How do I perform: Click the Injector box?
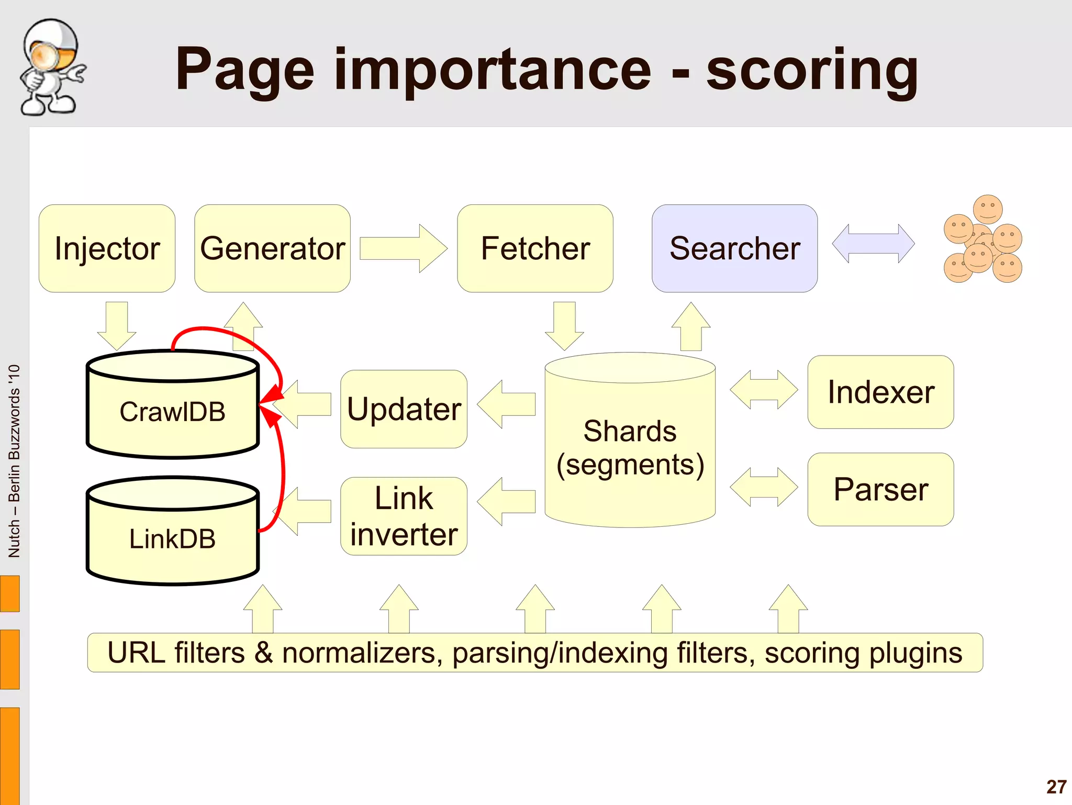[107, 248]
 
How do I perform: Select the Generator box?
[272, 248]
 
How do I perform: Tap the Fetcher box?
[535, 248]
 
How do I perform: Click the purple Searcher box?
[734, 248]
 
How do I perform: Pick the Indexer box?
[880, 392]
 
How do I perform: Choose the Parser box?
[880, 489]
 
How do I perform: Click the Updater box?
[404, 409]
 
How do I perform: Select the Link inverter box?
[404, 516]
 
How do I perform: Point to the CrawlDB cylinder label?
[172, 412]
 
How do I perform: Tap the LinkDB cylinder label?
[172, 539]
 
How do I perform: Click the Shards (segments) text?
[630, 448]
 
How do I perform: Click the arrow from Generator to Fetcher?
[403, 248]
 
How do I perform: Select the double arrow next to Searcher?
[873, 244]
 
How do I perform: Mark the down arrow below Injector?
[117, 325]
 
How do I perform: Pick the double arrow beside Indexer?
[764, 390]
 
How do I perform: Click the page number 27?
[1056, 787]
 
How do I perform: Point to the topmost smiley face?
[988, 208]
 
